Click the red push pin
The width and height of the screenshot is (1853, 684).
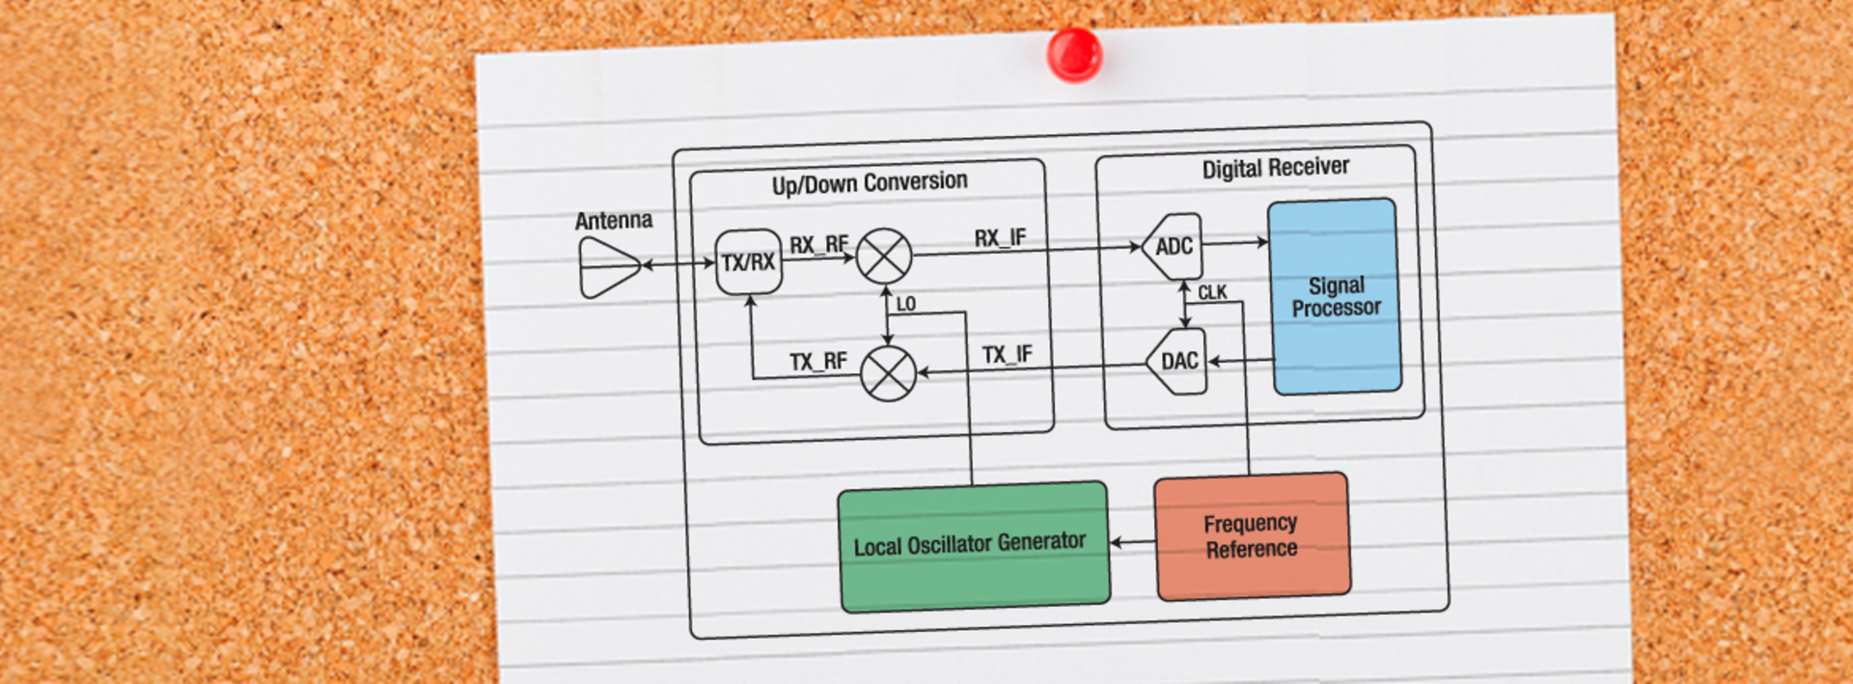[1073, 53]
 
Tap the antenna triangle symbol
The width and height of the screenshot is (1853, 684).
[607, 267]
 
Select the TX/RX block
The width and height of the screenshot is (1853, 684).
[748, 261]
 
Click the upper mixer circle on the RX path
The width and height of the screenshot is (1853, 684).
[884, 256]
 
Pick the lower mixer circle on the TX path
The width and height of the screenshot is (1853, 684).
[888, 373]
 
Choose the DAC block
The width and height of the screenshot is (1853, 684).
[1178, 362]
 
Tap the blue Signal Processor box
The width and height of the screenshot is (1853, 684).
[1336, 296]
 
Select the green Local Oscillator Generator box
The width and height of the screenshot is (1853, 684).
[973, 546]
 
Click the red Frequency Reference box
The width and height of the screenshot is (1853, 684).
[1251, 535]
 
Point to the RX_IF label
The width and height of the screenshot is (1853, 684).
[1000, 238]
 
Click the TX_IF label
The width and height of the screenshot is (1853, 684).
[1007, 355]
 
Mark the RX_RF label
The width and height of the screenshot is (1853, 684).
[818, 245]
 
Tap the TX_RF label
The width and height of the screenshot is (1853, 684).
[817, 362]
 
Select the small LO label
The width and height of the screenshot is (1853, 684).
[905, 304]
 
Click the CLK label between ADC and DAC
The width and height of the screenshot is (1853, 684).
[1212, 292]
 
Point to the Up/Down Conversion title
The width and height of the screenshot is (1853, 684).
[869, 182]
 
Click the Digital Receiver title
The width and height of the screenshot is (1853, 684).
[1275, 168]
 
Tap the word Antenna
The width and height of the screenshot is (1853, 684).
[613, 221]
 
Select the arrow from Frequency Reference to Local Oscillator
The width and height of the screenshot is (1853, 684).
[1132, 542]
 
